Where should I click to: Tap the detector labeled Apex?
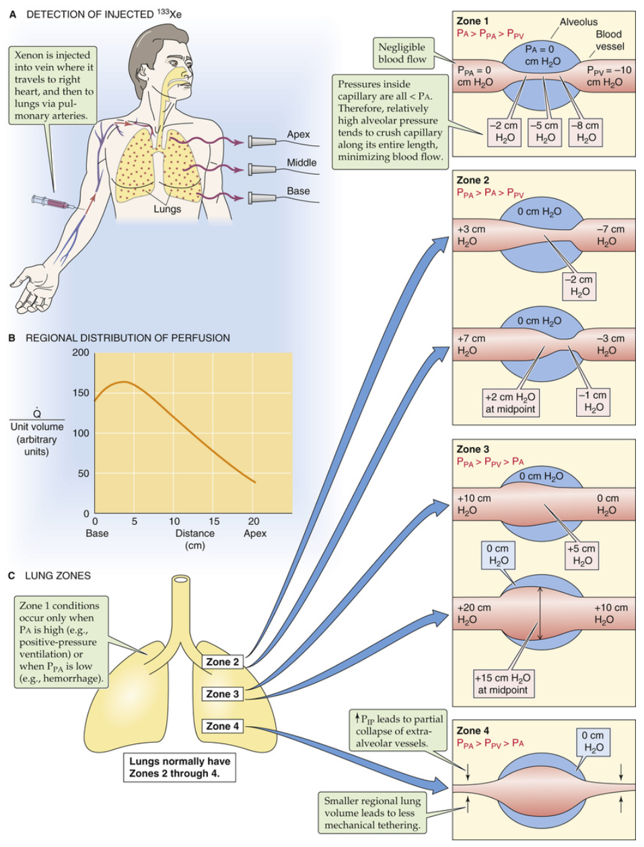tap(262, 142)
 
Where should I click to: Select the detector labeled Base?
tap(262, 198)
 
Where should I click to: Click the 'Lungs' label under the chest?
tap(167, 209)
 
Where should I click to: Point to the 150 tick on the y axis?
tap(81, 393)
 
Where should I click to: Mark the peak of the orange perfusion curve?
tap(124, 382)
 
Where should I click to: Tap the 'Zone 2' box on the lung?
tap(222, 662)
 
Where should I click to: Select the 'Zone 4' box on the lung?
tap(222, 727)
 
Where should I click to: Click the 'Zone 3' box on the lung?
tap(222, 694)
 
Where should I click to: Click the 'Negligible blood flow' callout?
tap(402, 53)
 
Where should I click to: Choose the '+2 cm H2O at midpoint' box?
tap(510, 403)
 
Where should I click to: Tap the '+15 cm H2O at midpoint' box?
tap(503, 684)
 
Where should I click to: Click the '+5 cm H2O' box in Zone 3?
tap(581, 555)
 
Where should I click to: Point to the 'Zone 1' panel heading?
tap(472, 22)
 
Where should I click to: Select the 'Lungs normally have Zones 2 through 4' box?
tap(179, 768)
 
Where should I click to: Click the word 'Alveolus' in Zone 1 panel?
tap(578, 22)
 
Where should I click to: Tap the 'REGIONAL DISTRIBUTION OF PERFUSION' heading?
tap(128, 338)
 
